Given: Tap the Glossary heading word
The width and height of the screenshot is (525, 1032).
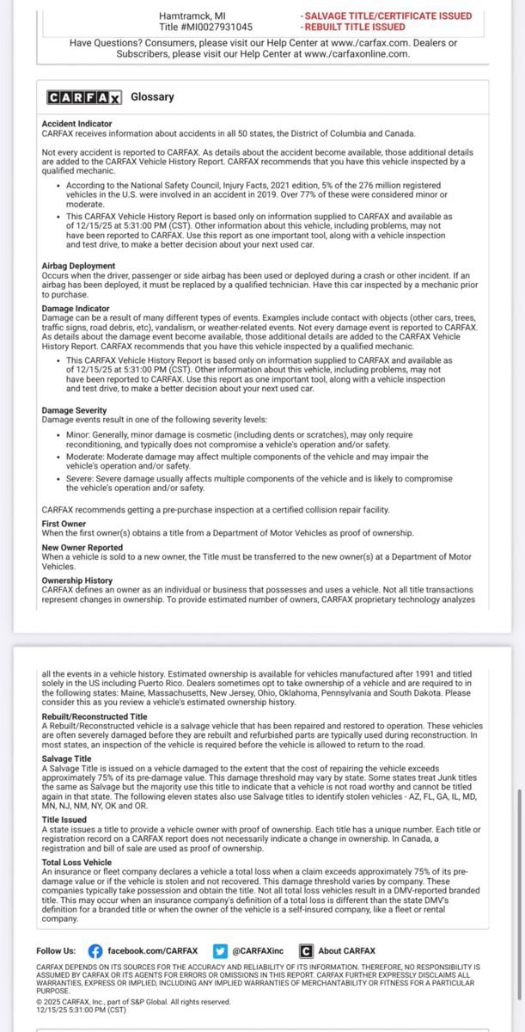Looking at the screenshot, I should tap(152, 97).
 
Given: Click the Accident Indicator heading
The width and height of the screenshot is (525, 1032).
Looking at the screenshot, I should tap(76, 124).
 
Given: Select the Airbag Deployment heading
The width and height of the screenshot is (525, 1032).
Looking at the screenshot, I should tap(78, 266).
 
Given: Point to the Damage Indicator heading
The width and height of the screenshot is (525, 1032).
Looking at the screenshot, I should tap(76, 308).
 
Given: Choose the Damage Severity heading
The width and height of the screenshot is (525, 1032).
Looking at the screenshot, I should tap(75, 411).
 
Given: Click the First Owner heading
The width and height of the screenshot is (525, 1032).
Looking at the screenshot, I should tap(64, 524).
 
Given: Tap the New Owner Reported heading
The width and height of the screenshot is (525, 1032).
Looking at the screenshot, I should tap(82, 548).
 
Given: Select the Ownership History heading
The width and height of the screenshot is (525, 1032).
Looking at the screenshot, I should tap(77, 580).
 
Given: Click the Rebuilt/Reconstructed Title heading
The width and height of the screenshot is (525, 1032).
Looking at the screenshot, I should tap(95, 716).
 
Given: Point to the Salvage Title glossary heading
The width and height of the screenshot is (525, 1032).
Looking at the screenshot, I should tap(66, 759).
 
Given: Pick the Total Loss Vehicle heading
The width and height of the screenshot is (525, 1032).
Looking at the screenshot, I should tap(76, 862).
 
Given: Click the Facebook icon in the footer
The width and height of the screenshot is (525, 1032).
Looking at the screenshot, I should tap(95, 951).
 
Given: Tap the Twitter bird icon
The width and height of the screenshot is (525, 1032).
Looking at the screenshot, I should tap(222, 951).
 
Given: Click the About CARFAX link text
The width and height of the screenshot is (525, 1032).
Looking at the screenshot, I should tap(346, 951).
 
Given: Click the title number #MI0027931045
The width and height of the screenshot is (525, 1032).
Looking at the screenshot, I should tap(218, 27).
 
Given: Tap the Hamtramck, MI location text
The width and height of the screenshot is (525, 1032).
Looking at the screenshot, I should tap(193, 15).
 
